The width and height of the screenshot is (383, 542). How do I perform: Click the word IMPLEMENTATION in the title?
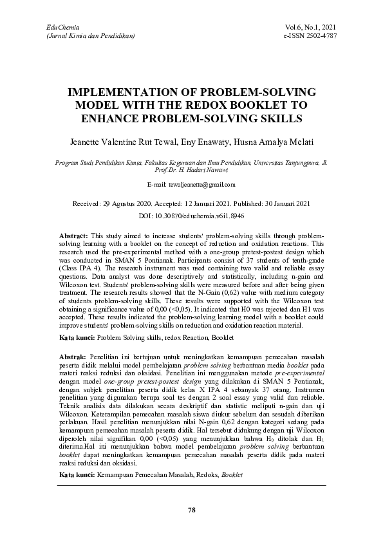[131, 91]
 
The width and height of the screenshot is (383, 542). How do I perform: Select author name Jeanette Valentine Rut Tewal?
[126, 141]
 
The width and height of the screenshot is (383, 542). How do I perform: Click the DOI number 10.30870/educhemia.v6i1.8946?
[210, 215]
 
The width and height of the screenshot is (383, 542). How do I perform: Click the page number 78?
[191, 510]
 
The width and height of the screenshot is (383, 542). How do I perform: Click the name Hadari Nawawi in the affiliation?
[210, 171]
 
